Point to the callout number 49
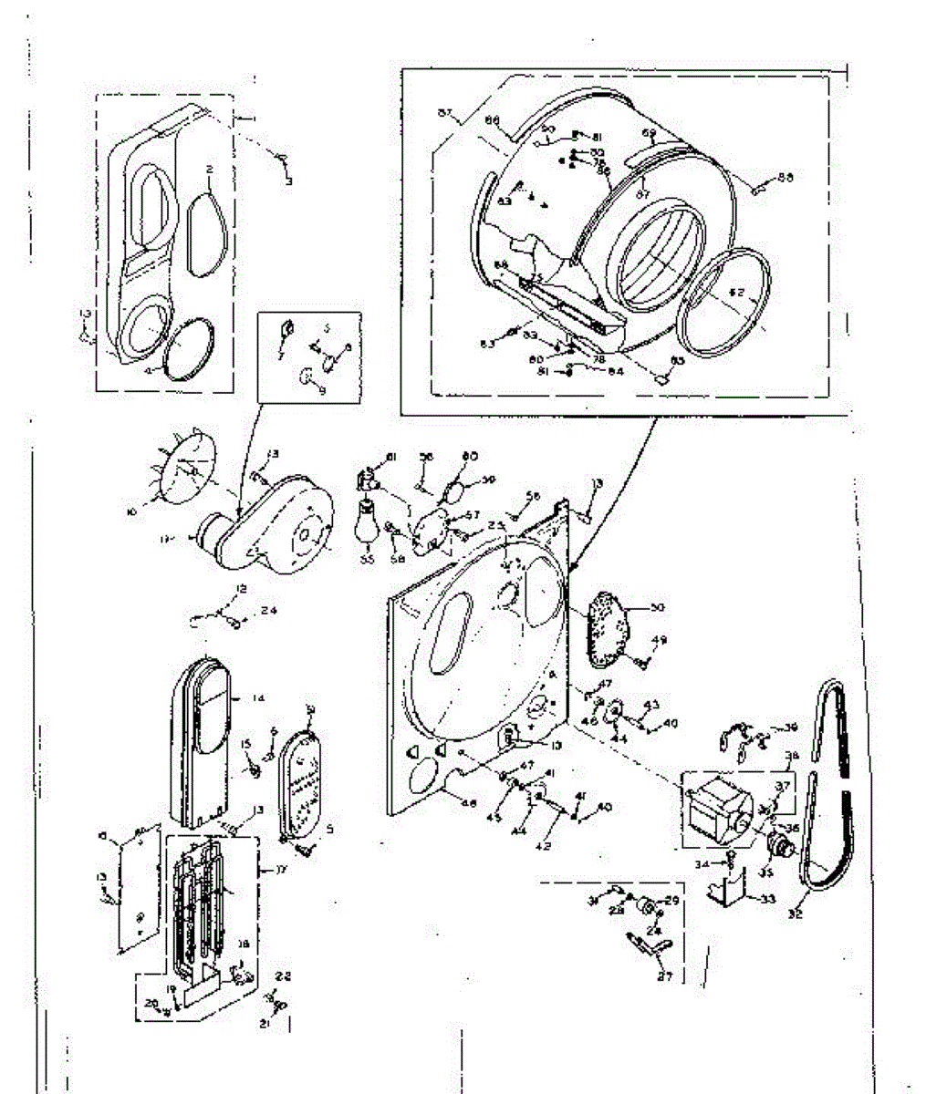coord(661,640)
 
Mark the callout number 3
coord(289,182)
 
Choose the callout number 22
coord(284,976)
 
